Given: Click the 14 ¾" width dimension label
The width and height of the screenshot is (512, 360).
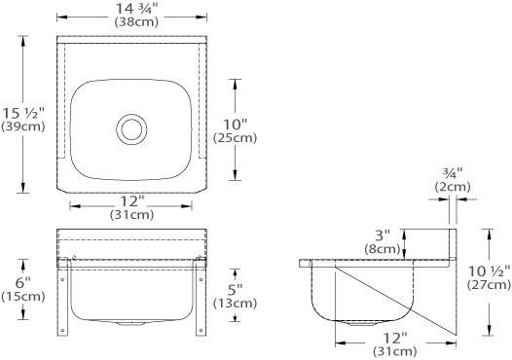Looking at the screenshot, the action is tap(137, 9).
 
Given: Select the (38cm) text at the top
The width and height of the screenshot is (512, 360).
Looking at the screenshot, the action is tap(136, 21).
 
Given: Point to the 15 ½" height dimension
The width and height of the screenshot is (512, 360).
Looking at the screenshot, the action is tap(23, 113).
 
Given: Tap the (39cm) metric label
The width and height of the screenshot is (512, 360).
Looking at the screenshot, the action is tap(22, 126).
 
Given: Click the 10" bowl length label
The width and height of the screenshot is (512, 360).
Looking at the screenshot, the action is tap(236, 125).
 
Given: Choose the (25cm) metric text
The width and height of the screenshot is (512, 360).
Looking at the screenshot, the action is tap(236, 138).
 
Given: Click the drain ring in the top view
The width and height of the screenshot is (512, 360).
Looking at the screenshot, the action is tap(131, 129).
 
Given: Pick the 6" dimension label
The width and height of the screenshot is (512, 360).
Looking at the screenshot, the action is tap(22, 282).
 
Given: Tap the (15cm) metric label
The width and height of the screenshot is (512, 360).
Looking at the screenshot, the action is tap(22, 297).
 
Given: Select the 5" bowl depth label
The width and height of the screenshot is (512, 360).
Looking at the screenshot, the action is tap(236, 290).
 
